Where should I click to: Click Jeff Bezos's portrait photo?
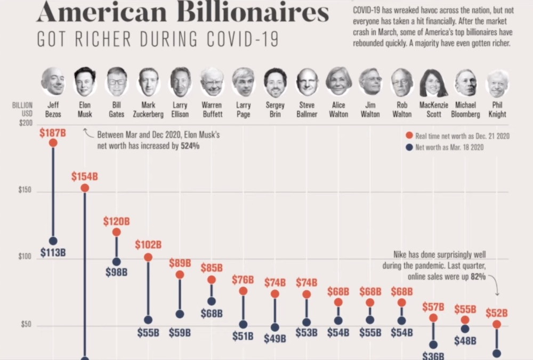click(52, 81)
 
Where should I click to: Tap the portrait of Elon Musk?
click(85, 81)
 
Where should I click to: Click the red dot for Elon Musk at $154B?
click(84, 188)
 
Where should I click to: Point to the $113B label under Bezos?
click(52, 252)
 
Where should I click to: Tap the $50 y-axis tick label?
click(26, 325)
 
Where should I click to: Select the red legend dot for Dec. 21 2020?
click(409, 136)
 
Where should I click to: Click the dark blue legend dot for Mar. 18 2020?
click(409, 147)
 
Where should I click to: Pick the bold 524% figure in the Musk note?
click(189, 145)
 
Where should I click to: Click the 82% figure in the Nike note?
click(478, 277)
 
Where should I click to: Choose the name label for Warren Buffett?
click(212, 110)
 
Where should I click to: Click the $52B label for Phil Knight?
click(496, 313)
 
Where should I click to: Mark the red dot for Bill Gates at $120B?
click(116, 232)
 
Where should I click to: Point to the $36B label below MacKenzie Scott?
click(433, 356)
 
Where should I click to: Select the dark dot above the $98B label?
click(116, 261)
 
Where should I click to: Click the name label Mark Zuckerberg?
click(148, 110)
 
